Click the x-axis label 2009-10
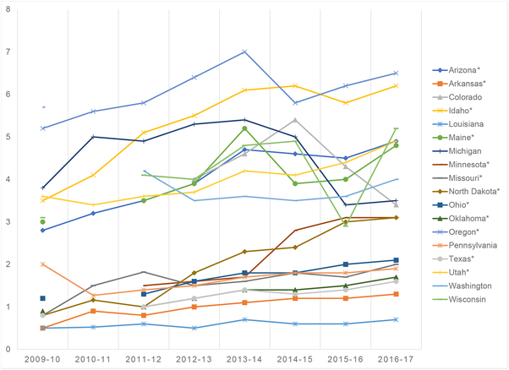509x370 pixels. coord(42,360)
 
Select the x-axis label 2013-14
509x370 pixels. coord(244,360)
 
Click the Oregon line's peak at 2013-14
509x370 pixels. coord(244,52)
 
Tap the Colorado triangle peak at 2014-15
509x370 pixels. coord(294,120)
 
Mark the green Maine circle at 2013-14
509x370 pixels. coord(244,128)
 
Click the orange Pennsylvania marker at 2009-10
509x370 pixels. coord(42,264)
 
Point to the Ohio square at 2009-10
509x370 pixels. coord(42,298)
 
